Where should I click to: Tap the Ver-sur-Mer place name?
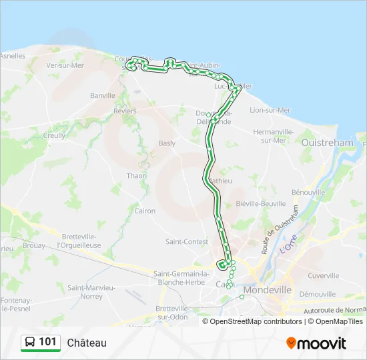point(64,65)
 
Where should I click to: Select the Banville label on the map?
point(103,95)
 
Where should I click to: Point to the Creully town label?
point(55,135)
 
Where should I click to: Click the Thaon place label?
point(137,176)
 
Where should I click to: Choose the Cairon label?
point(145,211)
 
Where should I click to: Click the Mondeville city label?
point(268,290)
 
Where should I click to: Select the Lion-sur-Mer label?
point(270,110)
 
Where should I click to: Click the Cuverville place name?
point(324,275)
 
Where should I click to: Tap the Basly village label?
point(167,143)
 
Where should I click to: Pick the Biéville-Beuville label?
point(261,203)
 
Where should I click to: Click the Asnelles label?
point(13,55)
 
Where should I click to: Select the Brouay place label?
point(33,245)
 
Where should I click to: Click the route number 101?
point(47,342)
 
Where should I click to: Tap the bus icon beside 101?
point(30,343)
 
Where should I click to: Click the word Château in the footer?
point(87,343)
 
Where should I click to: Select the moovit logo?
point(316,343)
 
